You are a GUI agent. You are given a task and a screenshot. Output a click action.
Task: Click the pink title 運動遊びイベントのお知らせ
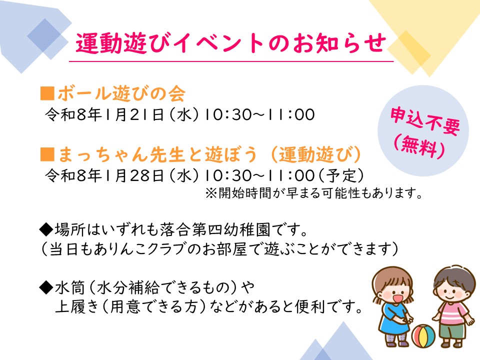click(x=231, y=43)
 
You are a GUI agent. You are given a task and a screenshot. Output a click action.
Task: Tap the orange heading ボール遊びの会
click(x=121, y=93)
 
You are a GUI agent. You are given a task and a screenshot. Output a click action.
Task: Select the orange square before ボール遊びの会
click(x=47, y=93)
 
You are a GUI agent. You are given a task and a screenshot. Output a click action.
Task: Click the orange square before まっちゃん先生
click(x=47, y=154)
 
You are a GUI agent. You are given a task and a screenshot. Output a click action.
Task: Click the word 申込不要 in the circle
click(x=425, y=120)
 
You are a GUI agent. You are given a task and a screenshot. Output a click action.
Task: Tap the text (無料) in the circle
click(x=419, y=147)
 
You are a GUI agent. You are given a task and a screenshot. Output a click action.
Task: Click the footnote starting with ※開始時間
click(x=314, y=193)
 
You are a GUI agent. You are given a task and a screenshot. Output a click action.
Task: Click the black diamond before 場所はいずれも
click(x=46, y=230)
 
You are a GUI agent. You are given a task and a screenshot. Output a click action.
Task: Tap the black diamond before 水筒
click(x=46, y=287)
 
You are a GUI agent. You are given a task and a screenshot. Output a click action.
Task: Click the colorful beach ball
click(x=423, y=336)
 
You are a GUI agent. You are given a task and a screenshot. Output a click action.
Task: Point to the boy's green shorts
click(x=452, y=330)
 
